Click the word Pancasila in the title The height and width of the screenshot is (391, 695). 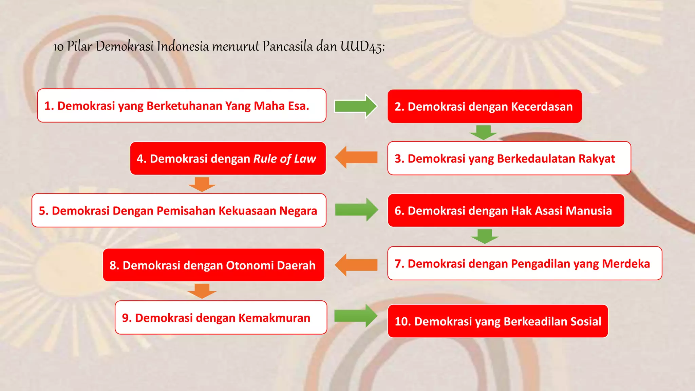tap(287, 46)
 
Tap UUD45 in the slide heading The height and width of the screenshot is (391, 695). tap(362, 46)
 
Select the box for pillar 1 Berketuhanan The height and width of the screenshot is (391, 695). tap(182, 106)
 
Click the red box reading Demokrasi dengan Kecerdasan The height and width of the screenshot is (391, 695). tap(485, 106)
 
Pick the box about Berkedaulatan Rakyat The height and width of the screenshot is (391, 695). tap(509, 158)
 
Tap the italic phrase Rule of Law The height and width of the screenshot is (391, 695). tap(285, 159)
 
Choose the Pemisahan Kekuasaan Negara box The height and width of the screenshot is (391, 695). tap(179, 210)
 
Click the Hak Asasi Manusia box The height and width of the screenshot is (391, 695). tap(506, 210)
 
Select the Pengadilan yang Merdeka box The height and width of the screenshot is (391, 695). tap(525, 263)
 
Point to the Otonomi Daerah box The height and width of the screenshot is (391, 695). tap(213, 265)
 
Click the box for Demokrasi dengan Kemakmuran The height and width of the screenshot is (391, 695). tap(221, 318)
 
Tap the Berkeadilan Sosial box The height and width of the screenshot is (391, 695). tap(498, 321)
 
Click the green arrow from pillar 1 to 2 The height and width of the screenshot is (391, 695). tap(355, 106)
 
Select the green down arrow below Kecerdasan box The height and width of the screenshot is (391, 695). tap(484, 132)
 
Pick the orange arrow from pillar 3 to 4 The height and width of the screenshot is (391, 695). tap(356, 157)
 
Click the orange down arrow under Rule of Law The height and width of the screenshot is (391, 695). tap(202, 184)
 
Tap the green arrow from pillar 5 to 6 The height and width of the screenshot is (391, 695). tap(356, 210)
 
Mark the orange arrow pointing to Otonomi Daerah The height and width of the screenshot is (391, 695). tap(356, 265)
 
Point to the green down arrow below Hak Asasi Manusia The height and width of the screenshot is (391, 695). tap(485, 236)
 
